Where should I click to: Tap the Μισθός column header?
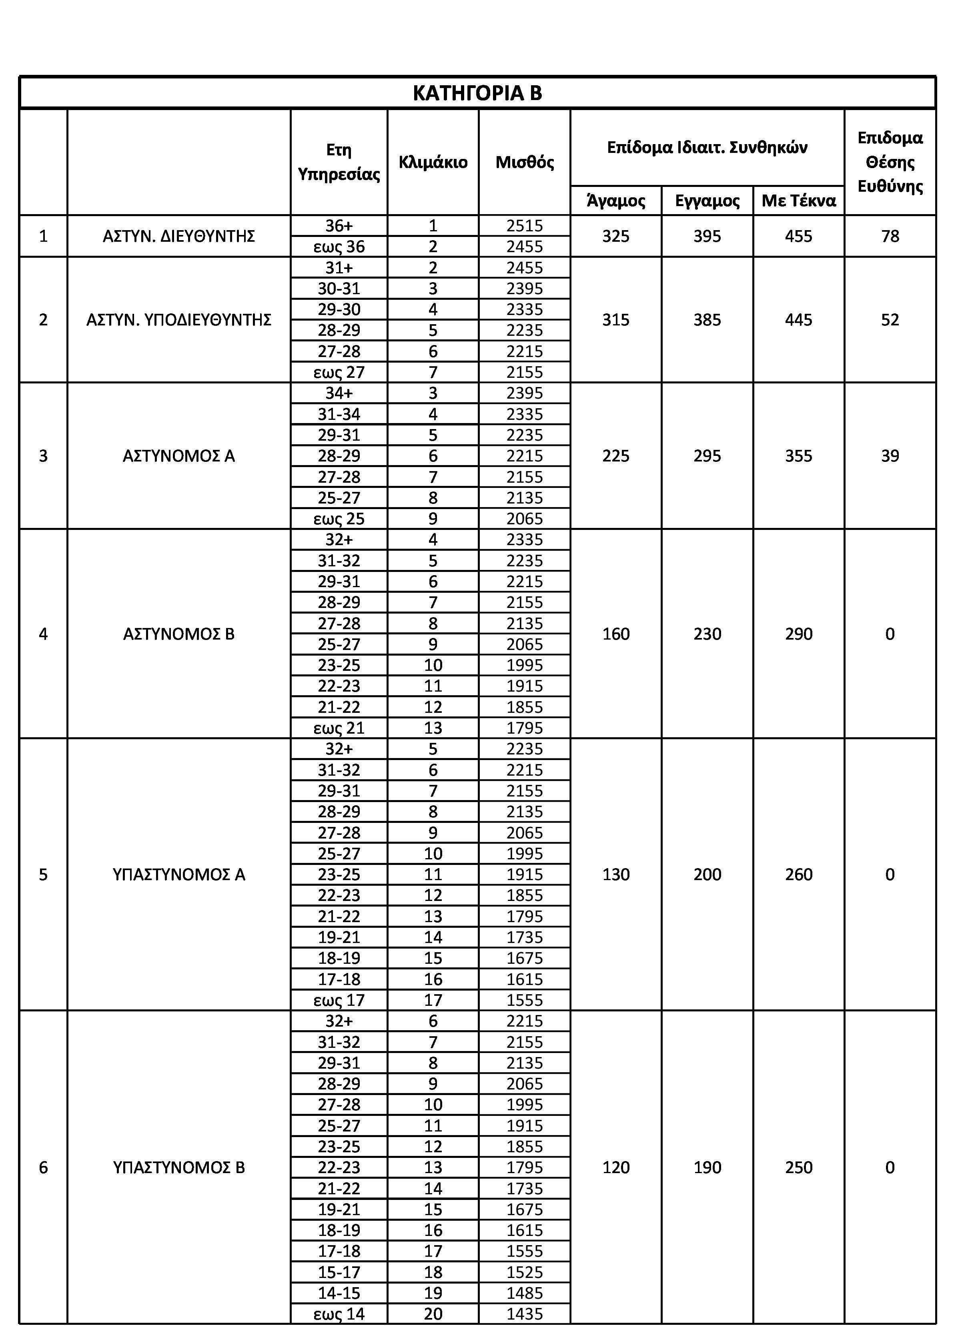click(x=525, y=162)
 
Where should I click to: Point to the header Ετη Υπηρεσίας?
click(x=339, y=162)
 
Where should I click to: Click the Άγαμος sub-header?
click(x=616, y=201)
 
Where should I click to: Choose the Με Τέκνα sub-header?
click(x=798, y=201)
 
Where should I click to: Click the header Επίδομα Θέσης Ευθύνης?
click(x=890, y=162)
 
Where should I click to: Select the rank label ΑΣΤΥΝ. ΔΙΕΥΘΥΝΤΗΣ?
click(x=178, y=237)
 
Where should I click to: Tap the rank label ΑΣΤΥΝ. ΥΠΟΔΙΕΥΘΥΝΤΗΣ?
click(x=178, y=320)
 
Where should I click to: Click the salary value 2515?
click(x=525, y=226)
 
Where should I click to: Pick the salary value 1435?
click(x=525, y=1314)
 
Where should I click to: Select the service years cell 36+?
click(x=339, y=226)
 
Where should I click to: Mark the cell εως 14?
click(x=339, y=1314)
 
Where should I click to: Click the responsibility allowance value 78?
click(x=890, y=237)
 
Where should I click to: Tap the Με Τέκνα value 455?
click(x=798, y=237)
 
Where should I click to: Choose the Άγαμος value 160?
click(x=616, y=634)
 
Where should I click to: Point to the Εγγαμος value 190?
click(x=707, y=1168)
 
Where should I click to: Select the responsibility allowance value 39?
click(x=890, y=456)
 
